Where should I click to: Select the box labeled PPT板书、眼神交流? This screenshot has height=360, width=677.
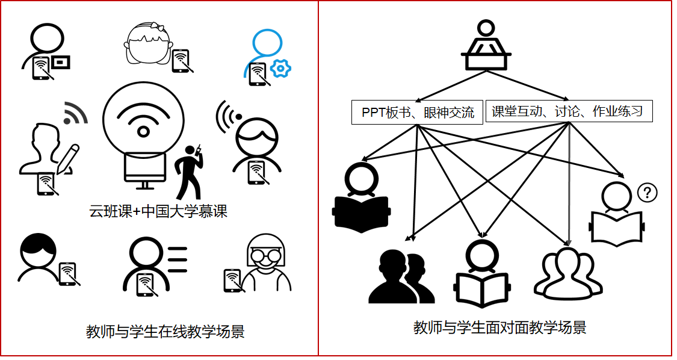(x=417, y=113)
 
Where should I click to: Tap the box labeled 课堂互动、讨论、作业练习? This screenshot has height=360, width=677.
(x=569, y=111)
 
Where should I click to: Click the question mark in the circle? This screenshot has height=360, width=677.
(x=647, y=193)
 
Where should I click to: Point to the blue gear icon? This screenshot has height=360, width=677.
(x=280, y=69)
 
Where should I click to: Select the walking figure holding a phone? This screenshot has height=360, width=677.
(x=190, y=172)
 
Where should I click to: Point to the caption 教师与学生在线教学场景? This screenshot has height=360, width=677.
(x=165, y=332)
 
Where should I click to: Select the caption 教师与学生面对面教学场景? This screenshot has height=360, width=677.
(x=499, y=328)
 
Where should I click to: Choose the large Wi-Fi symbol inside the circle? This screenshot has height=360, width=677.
(x=143, y=120)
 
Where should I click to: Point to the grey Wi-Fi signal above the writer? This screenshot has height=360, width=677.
(x=75, y=113)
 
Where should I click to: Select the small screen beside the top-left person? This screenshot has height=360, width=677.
(x=61, y=61)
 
